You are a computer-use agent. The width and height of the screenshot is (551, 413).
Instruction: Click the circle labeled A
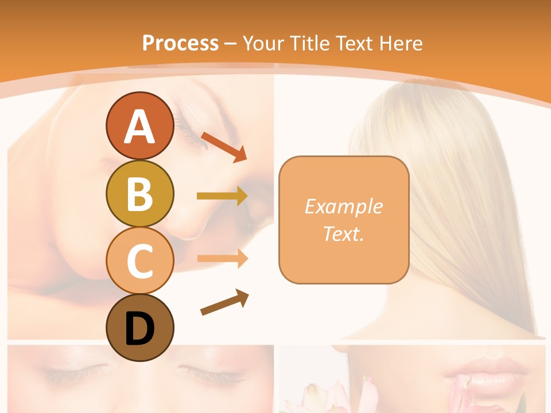coord(139,126)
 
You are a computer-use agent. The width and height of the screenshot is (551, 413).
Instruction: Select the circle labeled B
coord(139,193)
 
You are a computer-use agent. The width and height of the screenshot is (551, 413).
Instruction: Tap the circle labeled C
coord(139,260)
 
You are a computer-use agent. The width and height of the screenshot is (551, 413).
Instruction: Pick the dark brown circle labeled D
coord(139,328)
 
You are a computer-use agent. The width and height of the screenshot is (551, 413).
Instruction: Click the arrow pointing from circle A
coord(224,146)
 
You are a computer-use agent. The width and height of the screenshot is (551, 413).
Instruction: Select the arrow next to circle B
coord(222,196)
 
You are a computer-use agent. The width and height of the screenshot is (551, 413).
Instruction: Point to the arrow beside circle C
coord(222,258)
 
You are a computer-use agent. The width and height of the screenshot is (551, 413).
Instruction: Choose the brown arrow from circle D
coord(224,302)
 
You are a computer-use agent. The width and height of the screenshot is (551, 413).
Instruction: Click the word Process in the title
coord(180,43)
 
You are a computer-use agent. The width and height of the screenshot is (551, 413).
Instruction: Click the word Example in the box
coord(343,206)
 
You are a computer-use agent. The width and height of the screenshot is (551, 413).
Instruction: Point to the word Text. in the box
coord(343,233)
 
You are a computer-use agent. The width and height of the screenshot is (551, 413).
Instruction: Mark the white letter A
coord(139,127)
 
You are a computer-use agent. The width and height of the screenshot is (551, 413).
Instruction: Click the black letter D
coord(139,329)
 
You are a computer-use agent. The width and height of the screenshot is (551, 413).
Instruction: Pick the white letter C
coord(139,261)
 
